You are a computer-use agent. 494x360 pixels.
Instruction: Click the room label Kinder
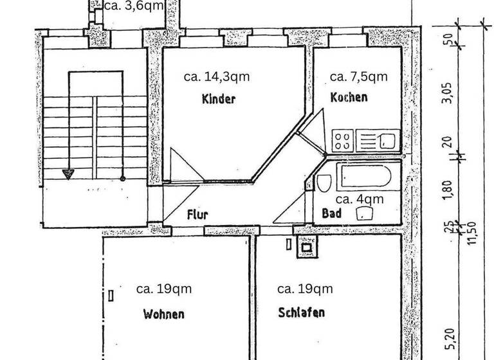point(219,99)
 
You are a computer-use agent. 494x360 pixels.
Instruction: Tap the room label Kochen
point(349,98)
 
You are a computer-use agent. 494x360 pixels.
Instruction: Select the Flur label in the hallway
point(197,215)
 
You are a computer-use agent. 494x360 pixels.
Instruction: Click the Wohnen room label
point(164,314)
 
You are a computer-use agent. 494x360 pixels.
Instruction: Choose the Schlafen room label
point(302,313)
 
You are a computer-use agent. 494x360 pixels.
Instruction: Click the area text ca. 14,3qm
point(217,76)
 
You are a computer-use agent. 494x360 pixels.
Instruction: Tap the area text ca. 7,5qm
point(358,76)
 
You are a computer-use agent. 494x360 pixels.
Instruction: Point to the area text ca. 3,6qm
point(133,6)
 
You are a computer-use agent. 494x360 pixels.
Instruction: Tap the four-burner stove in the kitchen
point(343,140)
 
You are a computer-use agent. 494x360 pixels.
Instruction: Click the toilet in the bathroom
point(324,183)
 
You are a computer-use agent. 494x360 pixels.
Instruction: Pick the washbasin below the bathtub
point(366,215)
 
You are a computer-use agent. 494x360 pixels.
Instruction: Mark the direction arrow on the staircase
point(68,173)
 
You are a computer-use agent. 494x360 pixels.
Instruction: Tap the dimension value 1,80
point(448,189)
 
